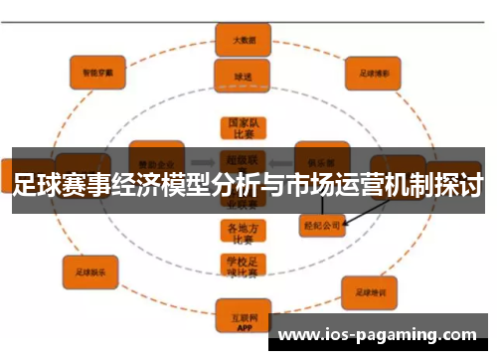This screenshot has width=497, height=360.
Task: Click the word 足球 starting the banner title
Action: pyautogui.click(x=37, y=184)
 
